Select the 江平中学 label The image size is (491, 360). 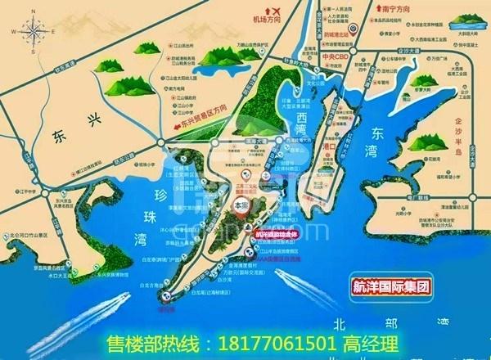34,191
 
